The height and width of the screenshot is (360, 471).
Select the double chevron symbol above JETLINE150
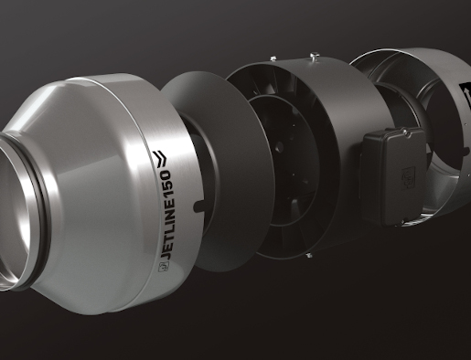pos(160,158)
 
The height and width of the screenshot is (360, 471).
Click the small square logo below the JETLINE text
pos(162,268)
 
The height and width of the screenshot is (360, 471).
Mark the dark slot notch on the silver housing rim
pos(199,206)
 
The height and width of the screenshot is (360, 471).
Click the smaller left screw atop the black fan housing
pos(273,58)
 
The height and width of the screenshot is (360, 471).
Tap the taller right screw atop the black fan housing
pos(314,58)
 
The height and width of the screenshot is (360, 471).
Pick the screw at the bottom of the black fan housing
pos(309,255)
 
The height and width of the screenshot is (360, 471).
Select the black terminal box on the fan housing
pos(392,176)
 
